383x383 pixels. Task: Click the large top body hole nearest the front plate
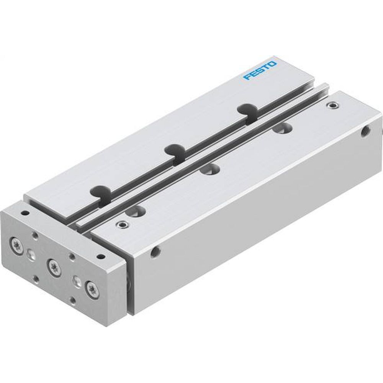(136, 211)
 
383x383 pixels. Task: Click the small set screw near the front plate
(123, 224)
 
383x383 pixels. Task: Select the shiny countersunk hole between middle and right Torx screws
(76, 280)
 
